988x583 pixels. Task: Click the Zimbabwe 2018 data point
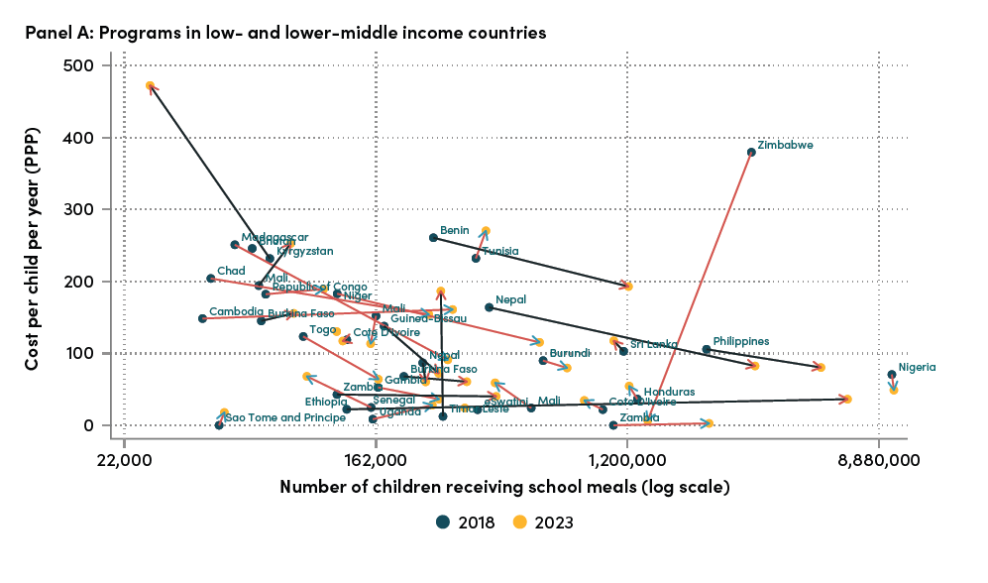coord(751,152)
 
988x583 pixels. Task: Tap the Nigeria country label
coord(917,367)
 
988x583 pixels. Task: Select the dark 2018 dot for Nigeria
coord(892,375)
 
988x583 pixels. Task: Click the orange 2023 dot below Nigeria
coord(894,390)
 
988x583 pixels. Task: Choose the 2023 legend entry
coord(544,522)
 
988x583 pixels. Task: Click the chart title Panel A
coord(285,33)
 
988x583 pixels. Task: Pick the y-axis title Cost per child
coord(33,245)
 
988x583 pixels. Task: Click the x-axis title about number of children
coord(504,487)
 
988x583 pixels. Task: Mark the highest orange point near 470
coord(150,86)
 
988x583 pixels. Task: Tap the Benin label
coord(454,230)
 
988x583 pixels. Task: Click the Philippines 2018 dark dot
coord(706,349)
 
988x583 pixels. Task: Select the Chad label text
coord(231,271)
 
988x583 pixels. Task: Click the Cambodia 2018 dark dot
coord(202,318)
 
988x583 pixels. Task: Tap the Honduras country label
coord(669,392)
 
